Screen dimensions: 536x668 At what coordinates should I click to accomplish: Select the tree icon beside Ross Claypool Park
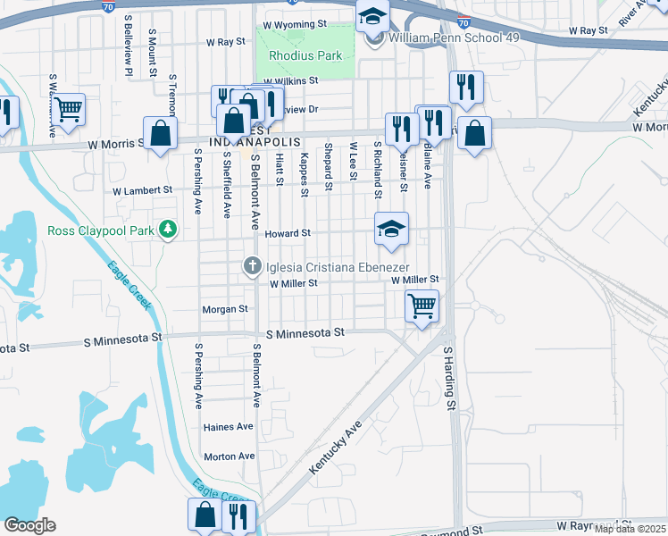(167, 230)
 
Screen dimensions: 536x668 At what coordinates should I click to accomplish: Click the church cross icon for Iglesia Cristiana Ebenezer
(253, 265)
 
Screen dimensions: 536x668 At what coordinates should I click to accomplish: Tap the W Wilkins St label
(289, 80)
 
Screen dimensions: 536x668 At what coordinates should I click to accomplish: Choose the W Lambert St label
(142, 190)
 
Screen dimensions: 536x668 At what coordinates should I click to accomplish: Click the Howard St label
(288, 233)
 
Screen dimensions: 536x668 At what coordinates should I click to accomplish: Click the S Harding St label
(450, 379)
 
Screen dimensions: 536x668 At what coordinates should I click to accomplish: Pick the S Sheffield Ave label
(227, 184)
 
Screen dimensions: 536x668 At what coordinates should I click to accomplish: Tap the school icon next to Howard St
(391, 229)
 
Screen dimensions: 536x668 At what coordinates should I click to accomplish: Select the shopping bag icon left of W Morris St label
(161, 134)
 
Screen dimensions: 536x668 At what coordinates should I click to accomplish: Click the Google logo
(29, 525)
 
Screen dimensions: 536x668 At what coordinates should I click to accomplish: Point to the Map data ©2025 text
(629, 529)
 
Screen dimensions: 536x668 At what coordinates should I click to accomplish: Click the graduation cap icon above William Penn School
(373, 15)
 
